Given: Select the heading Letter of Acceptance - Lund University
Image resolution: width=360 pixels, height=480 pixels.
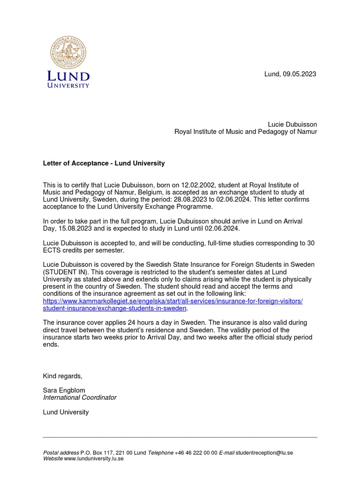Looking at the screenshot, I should coord(104,163).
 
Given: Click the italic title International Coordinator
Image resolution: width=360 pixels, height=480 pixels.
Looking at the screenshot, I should coord(80,397).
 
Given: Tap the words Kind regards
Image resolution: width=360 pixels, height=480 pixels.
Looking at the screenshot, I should coord(62,376).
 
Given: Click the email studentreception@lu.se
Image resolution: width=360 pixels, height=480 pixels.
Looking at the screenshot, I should coord(264,452).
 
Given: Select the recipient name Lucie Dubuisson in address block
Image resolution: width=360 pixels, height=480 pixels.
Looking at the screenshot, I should coord(292,124).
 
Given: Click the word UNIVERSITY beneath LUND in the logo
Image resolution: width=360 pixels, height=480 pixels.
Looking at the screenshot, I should coord(68,85).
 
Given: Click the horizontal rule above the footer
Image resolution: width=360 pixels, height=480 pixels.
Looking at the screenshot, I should coord(180,437).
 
